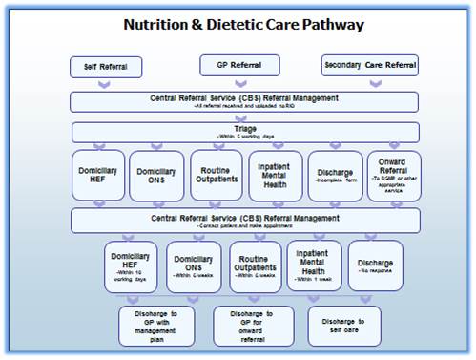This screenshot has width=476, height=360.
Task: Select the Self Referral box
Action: (106, 67)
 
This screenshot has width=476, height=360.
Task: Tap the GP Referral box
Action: (239, 64)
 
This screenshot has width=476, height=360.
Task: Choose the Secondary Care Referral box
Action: (371, 65)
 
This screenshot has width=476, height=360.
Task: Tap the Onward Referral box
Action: (394, 176)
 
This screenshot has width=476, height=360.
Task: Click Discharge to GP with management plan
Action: (155, 325)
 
